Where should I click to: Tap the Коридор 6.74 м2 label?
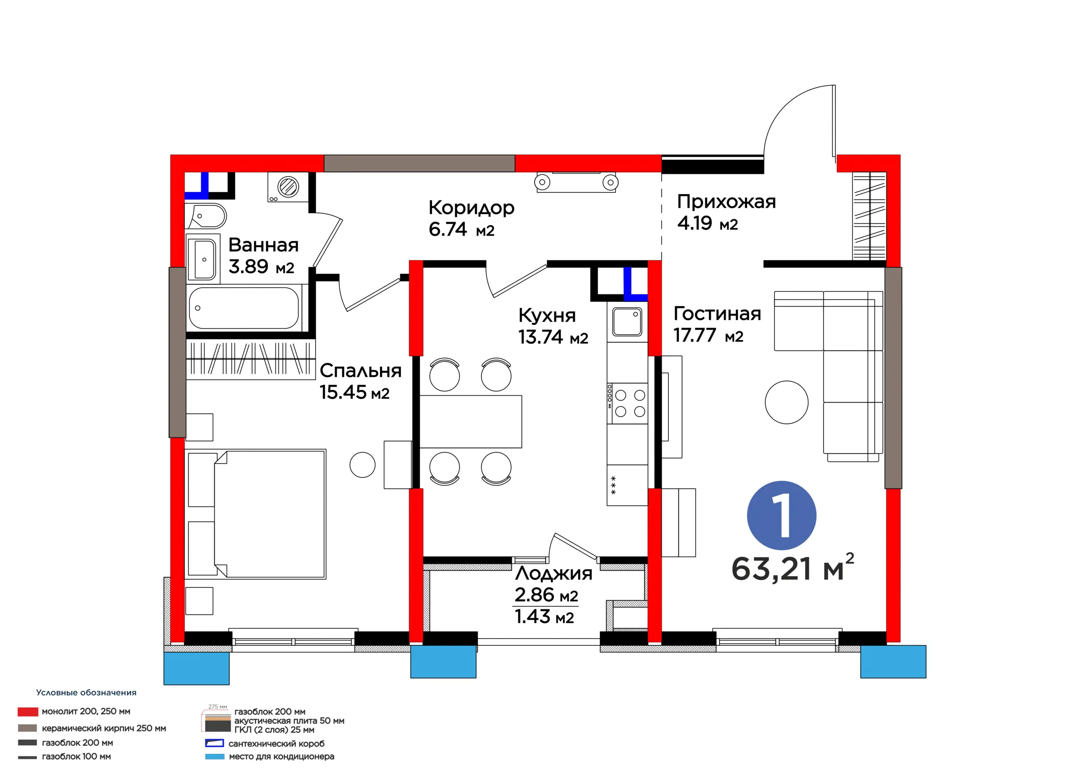471,218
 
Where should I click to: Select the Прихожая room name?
726,202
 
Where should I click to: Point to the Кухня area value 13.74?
540,337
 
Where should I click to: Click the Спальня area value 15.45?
343,392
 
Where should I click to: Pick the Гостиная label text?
717,314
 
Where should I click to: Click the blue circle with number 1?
781,515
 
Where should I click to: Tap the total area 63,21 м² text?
793,568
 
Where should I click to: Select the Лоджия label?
554,573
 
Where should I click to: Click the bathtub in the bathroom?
244,308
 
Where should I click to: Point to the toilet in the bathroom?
206,217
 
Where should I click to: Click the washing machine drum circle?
288,186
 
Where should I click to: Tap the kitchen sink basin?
627,322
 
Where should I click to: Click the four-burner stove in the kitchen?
627,403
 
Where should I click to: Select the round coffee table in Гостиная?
787,402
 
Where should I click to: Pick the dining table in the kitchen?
470,422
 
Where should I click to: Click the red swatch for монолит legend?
28,712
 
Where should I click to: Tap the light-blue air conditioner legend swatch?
215,757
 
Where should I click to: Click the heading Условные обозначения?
86,693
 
